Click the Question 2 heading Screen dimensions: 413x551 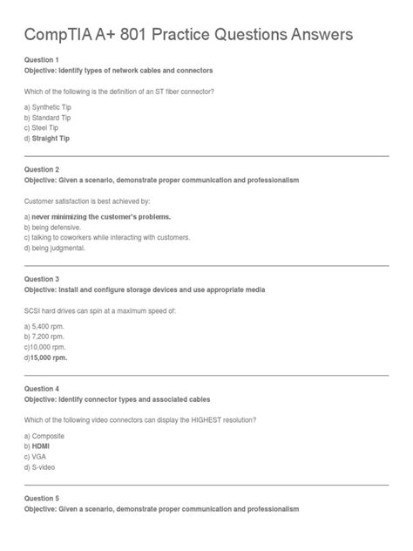tap(42, 169)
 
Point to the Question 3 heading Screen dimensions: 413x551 tap(42, 279)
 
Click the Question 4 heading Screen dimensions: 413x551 tap(42, 388)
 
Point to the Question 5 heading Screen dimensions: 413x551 tap(42, 498)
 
